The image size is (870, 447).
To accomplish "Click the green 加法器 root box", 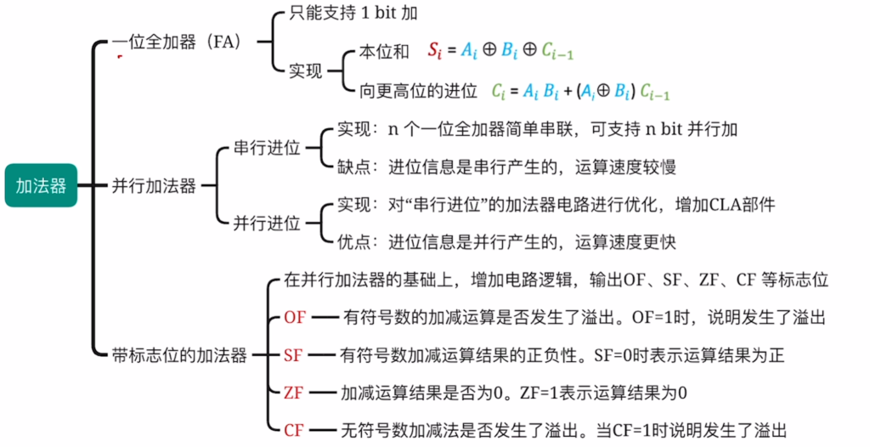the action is [41, 185].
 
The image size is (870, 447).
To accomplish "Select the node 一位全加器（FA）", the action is [176, 42].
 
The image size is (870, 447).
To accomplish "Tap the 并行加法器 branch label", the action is [154, 186].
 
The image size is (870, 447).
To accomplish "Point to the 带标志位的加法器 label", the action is [179, 355].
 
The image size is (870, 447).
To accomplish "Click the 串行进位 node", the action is [267, 148].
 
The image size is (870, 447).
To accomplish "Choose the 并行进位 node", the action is [267, 223].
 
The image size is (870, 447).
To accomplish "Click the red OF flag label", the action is [295, 318].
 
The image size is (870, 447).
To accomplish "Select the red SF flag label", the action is [293, 355].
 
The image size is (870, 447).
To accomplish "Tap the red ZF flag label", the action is [293, 393].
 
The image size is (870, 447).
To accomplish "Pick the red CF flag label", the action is [293, 430].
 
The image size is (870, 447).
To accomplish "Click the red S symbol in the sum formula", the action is [433, 50].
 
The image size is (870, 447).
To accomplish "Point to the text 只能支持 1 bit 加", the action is [353, 13].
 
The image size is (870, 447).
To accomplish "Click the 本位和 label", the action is [384, 52].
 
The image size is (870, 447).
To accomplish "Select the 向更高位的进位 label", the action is [418, 91].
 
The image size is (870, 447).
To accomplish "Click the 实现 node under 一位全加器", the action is [306, 71].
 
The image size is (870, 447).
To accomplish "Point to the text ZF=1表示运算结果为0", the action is [603, 393].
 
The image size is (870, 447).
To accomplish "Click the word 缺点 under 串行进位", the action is [354, 167].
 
